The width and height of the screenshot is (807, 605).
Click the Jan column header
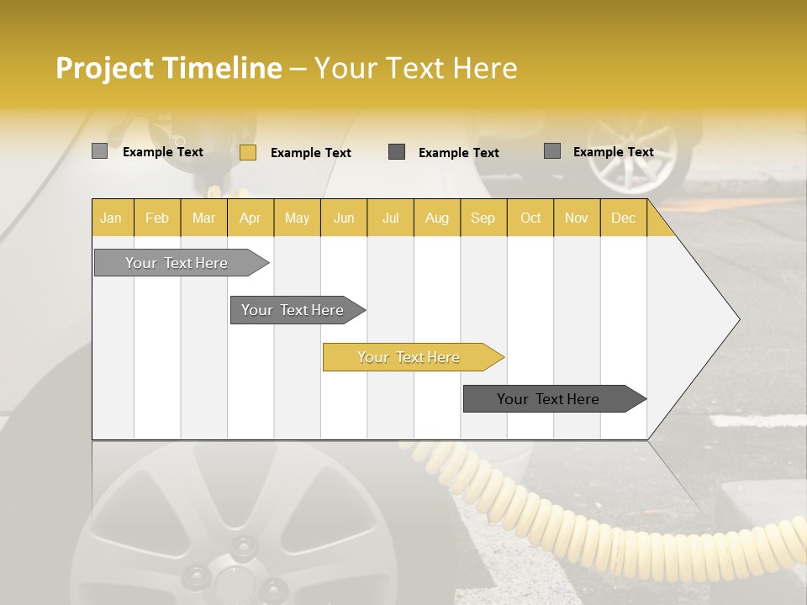pyautogui.click(x=111, y=218)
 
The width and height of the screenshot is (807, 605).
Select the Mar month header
pyautogui.click(x=203, y=218)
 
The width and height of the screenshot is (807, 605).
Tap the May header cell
pyautogui.click(x=297, y=218)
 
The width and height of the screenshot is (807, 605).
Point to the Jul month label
pyautogui.click(x=390, y=218)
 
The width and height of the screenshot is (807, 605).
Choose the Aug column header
pyautogui.click(x=437, y=218)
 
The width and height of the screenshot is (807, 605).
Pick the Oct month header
pyautogui.click(x=530, y=218)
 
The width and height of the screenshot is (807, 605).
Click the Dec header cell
pyautogui.click(x=623, y=218)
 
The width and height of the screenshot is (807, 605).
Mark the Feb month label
pyautogui.click(x=157, y=218)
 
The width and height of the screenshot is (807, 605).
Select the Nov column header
pyautogui.click(x=577, y=218)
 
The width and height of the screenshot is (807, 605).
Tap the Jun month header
pyautogui.click(x=344, y=218)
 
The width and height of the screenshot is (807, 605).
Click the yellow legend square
pyautogui.click(x=247, y=152)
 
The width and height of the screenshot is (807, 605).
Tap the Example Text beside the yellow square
pyautogui.click(x=310, y=152)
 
